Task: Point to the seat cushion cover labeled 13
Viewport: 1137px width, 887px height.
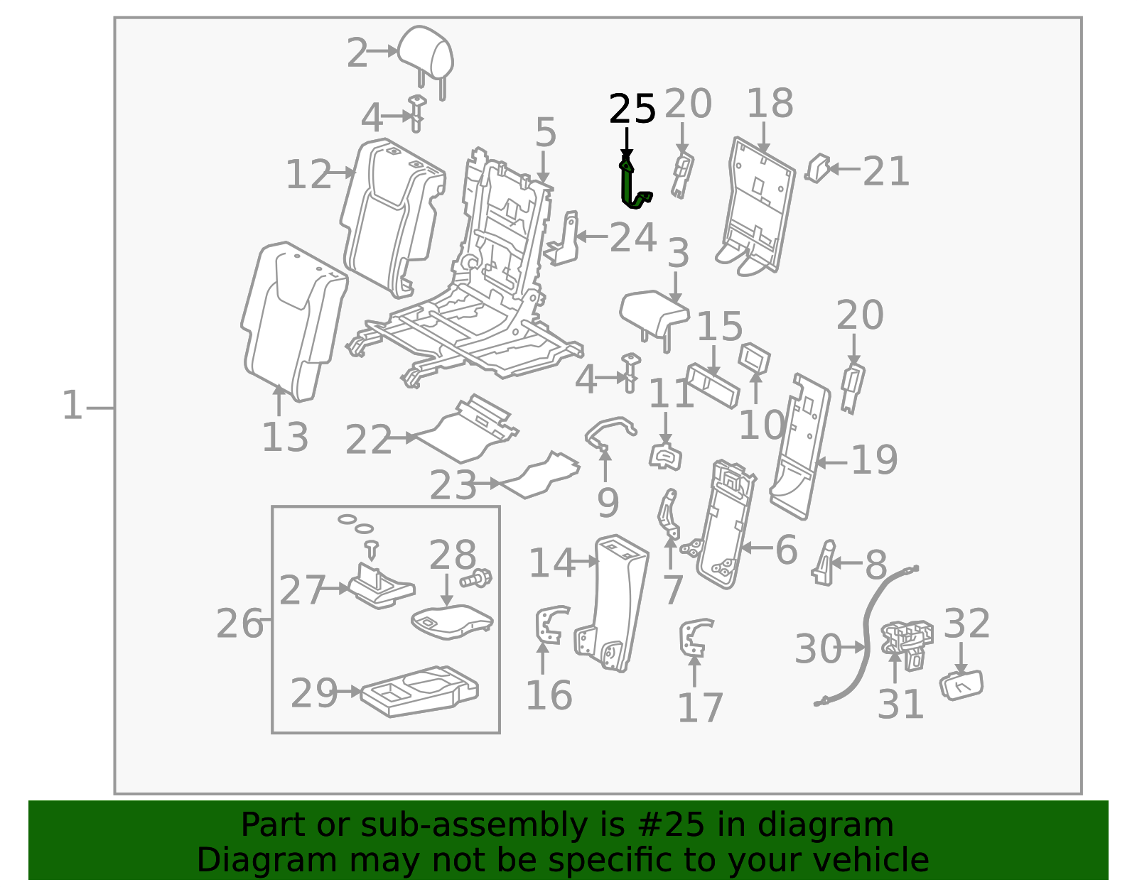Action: [x=293, y=322]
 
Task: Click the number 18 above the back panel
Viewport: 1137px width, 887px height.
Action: [x=770, y=103]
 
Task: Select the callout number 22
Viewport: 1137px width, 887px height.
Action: [x=368, y=439]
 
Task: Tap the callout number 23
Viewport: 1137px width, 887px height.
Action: [x=453, y=484]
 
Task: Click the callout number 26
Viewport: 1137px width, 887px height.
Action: [x=239, y=623]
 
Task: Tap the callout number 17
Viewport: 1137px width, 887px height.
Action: [x=700, y=707]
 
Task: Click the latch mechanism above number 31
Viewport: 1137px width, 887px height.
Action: [x=907, y=643]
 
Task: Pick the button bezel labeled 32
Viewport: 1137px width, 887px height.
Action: [x=961, y=685]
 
